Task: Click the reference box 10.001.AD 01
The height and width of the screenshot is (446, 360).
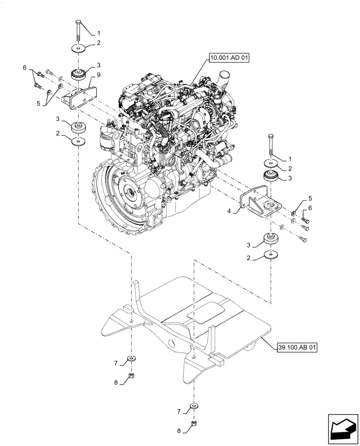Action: (x=227, y=58)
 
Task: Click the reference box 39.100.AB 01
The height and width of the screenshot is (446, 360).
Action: (x=297, y=347)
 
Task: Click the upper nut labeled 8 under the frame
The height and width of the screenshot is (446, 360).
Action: (x=132, y=376)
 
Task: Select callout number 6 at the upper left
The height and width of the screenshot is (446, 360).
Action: (x=25, y=67)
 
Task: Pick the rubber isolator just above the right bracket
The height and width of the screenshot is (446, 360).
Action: (x=270, y=176)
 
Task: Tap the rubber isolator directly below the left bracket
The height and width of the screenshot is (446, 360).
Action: (x=78, y=128)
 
